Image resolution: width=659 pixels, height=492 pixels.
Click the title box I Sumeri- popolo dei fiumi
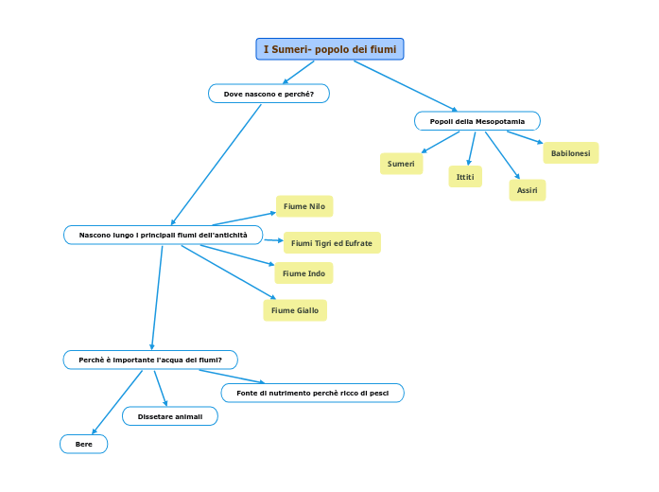329,49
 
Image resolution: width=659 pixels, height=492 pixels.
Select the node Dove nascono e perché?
269,94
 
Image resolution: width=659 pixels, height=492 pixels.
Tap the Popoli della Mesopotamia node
477,121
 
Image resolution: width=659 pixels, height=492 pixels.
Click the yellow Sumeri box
401,164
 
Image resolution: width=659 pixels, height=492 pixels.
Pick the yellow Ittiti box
464,177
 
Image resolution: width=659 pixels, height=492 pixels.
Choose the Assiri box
527,190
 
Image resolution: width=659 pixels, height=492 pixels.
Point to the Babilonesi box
570,152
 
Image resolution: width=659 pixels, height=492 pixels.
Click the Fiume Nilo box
303,205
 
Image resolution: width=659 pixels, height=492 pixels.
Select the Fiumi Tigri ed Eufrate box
331,243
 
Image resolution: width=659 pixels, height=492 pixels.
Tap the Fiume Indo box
303,273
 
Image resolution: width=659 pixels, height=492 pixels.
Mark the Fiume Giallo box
294,310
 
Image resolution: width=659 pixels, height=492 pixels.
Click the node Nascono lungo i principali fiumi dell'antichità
163,235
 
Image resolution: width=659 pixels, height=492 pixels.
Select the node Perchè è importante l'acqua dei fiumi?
149,360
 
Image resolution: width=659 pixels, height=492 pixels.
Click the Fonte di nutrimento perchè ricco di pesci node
312,393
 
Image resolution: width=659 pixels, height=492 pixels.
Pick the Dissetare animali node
169,416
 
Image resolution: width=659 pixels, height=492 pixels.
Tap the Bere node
83,444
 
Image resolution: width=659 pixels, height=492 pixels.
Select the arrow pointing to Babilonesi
525,138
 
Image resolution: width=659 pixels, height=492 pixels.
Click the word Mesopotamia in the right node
500,121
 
